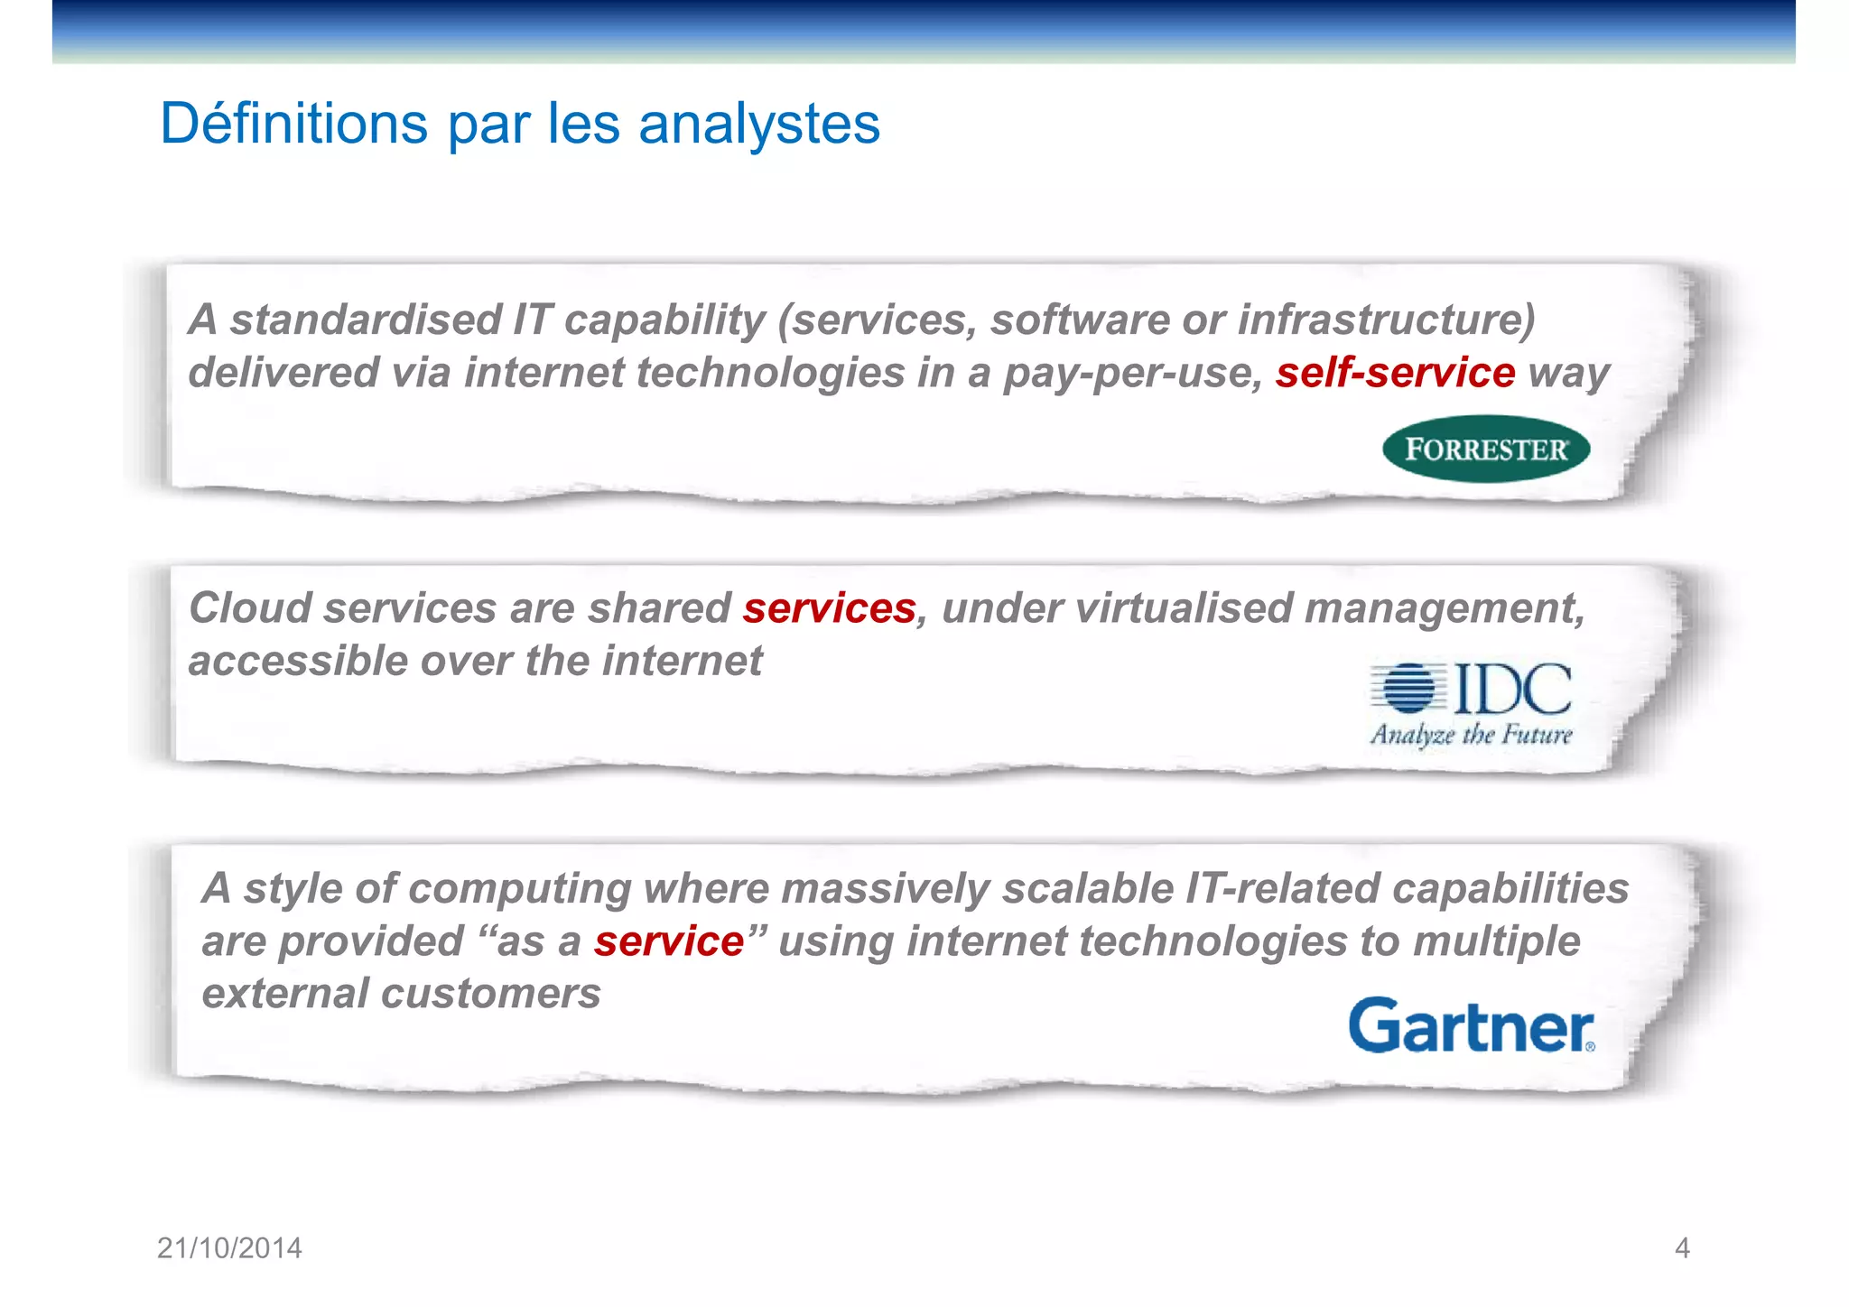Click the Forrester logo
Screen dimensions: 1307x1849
(1485, 449)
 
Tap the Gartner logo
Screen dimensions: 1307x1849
(1472, 1025)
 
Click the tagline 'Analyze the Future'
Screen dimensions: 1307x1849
(1471, 735)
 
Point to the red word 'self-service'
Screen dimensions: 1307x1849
(1395, 372)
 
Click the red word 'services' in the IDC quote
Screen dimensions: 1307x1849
(829, 607)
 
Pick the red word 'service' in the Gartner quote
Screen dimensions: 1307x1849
(668, 941)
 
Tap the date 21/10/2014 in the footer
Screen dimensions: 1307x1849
(229, 1247)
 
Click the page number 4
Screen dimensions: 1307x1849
(1681, 1247)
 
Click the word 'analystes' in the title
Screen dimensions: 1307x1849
(758, 125)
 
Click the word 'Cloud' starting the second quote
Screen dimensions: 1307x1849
(250, 607)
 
